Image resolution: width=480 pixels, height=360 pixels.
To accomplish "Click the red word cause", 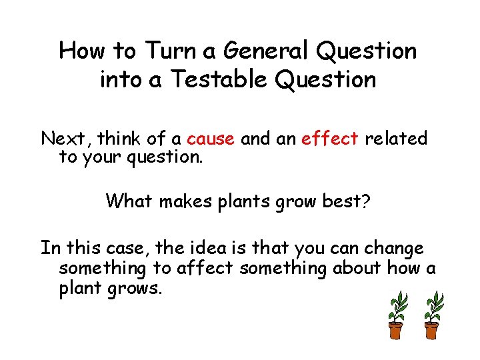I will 210,139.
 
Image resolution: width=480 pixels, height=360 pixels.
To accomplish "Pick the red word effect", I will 329,139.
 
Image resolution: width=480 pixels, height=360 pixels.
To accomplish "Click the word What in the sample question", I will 130,201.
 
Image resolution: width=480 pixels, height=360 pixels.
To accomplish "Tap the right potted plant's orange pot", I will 432,329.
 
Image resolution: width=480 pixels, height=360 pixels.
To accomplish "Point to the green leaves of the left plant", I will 399,306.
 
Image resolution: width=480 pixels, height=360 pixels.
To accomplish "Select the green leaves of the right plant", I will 433,306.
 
